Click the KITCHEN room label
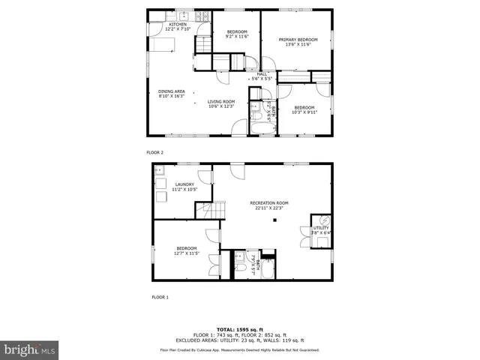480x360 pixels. pyautogui.click(x=178, y=25)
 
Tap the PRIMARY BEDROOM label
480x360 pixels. pyautogui.click(x=298, y=40)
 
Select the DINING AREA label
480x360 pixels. pyautogui.click(x=172, y=91)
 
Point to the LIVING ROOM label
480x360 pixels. pyautogui.click(x=221, y=101)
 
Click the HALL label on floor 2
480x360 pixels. pyautogui.click(x=262, y=73)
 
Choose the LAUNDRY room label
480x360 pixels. pyautogui.click(x=184, y=184)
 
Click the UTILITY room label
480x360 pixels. pyautogui.click(x=320, y=228)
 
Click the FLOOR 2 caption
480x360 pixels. pyautogui.click(x=155, y=152)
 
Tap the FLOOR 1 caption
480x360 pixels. pyautogui.click(x=160, y=298)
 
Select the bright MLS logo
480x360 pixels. pyautogui.click(x=29, y=349)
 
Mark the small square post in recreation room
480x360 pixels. pyautogui.click(x=274, y=220)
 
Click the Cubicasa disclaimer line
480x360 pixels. pyautogui.click(x=240, y=350)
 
